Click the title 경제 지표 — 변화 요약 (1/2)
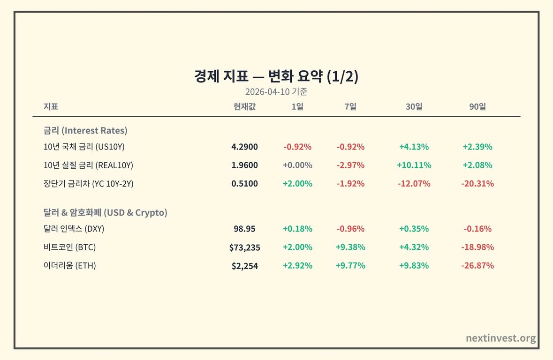276,76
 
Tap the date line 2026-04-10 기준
276,92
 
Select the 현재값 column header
244,106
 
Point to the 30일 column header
414,106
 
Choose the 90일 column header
477,106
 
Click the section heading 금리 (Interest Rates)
85,130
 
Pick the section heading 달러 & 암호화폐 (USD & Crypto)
105,213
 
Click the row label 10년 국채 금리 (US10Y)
84,147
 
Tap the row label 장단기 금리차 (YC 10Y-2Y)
88,184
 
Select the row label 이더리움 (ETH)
69,265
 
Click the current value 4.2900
244,147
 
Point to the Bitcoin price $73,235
244,247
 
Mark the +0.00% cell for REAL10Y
297,165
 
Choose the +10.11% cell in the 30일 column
414,165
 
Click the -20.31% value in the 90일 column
477,184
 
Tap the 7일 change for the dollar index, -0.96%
350,229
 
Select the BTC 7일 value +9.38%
350,247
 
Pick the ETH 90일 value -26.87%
477,265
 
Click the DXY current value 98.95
244,229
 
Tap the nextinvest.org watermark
501,338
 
